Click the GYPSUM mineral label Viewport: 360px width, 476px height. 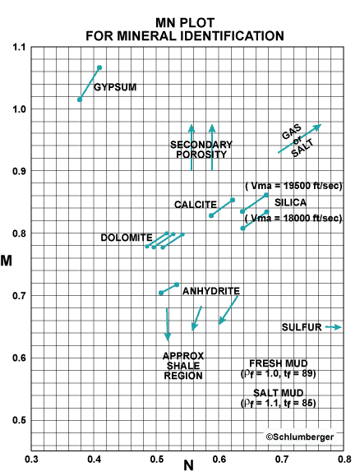tap(115, 86)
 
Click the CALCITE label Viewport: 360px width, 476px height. tap(195, 204)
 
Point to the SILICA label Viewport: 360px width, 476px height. tap(292, 202)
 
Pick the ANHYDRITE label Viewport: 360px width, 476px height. tap(211, 291)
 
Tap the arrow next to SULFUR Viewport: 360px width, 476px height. tap(333, 327)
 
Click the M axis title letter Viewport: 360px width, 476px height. tap(11, 261)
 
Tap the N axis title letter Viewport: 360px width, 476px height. tap(188, 466)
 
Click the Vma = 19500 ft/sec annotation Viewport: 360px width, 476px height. tap(293, 187)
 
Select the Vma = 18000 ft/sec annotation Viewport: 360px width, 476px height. tap(293, 218)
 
